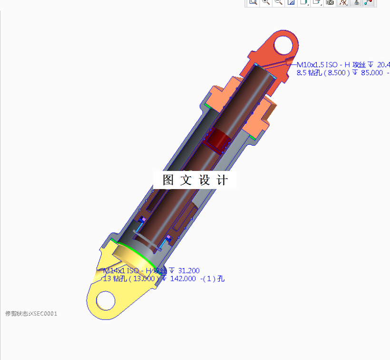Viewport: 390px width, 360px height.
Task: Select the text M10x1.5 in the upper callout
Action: (x=310, y=65)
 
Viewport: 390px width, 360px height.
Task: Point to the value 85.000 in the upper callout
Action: (x=370, y=73)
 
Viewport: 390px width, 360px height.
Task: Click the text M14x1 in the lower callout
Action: (x=114, y=270)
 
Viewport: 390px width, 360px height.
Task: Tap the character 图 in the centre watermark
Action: (x=167, y=180)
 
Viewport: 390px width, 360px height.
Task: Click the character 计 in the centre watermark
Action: (x=222, y=180)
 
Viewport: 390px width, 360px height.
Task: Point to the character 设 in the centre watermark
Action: (x=204, y=180)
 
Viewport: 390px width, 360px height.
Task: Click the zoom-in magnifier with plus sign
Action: (x=266, y=2)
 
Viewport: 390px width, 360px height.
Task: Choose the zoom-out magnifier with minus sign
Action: (x=279, y=2)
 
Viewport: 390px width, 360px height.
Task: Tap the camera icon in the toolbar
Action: (x=330, y=2)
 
